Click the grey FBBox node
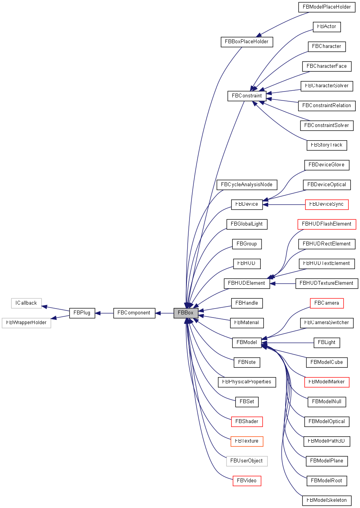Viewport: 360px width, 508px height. coord(186,313)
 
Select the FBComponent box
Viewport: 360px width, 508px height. coord(134,313)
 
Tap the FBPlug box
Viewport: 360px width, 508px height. coord(82,313)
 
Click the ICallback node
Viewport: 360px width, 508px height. coord(26,303)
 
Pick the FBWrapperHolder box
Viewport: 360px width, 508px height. coord(26,323)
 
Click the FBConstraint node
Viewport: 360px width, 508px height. coord(247,96)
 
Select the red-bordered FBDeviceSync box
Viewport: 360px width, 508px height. coord(327,204)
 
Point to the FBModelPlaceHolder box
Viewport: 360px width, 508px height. coord(327,7)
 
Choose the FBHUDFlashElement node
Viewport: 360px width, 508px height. coord(327,224)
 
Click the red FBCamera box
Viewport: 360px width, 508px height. coord(327,303)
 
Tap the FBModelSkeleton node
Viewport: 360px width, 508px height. coord(327,500)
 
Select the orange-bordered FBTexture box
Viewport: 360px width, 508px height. coord(247,441)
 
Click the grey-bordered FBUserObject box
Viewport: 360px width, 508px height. coord(247,461)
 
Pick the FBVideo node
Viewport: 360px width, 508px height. coord(247,481)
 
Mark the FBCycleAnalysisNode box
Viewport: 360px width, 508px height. coord(247,185)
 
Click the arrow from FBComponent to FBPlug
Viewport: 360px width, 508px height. coord(104,313)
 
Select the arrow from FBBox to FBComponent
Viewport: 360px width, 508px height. coord(165,313)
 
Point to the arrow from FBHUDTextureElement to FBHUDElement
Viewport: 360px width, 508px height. coord(283,283)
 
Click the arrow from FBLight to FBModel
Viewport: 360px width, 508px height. coord(288,343)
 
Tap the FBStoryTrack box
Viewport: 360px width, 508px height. coord(327,145)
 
